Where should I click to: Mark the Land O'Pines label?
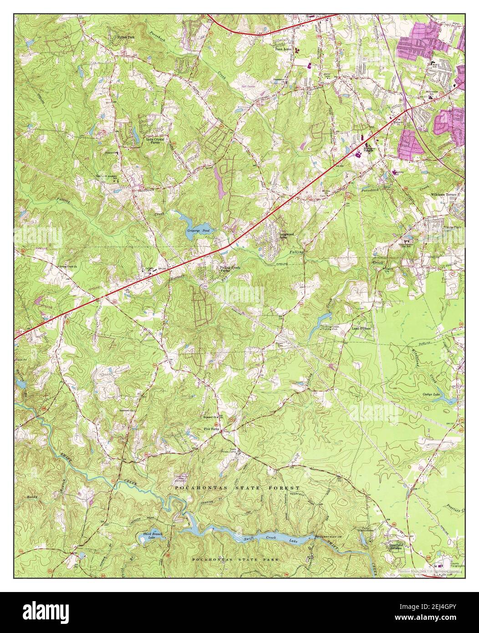(362, 328)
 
